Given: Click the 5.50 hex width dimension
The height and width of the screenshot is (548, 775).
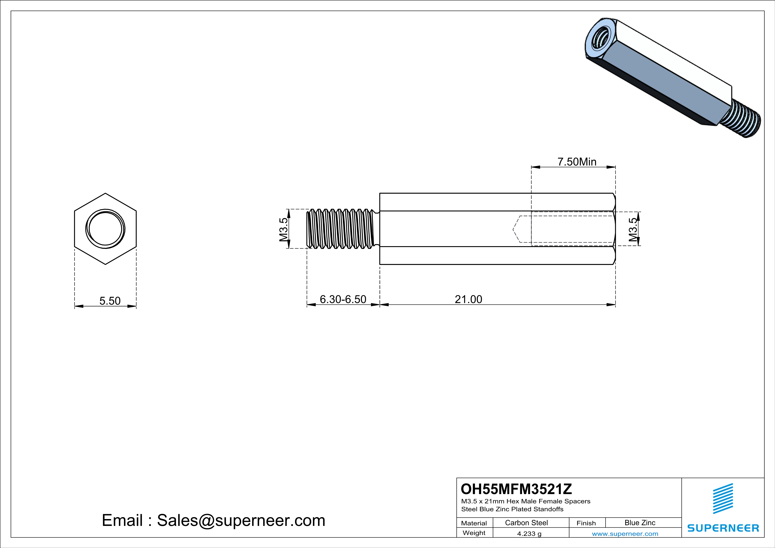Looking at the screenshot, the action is point(110,301).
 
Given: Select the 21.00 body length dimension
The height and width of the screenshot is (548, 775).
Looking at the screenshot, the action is point(468,299).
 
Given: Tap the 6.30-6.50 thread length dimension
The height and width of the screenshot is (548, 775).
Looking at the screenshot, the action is point(343,299).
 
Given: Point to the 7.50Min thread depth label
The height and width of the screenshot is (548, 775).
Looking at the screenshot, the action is point(577,162).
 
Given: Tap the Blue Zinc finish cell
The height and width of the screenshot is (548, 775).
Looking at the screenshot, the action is point(640,523).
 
